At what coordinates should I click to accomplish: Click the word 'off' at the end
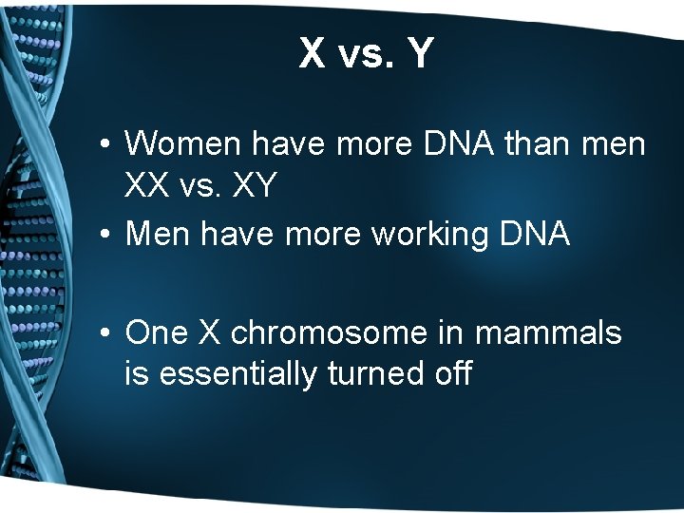[x=450, y=374]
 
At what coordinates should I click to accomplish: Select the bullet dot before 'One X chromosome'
[x=109, y=334]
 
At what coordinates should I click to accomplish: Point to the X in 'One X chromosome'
[x=209, y=332]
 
